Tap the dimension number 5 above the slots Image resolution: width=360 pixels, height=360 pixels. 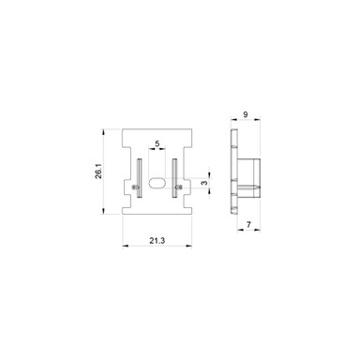coord(157,143)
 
